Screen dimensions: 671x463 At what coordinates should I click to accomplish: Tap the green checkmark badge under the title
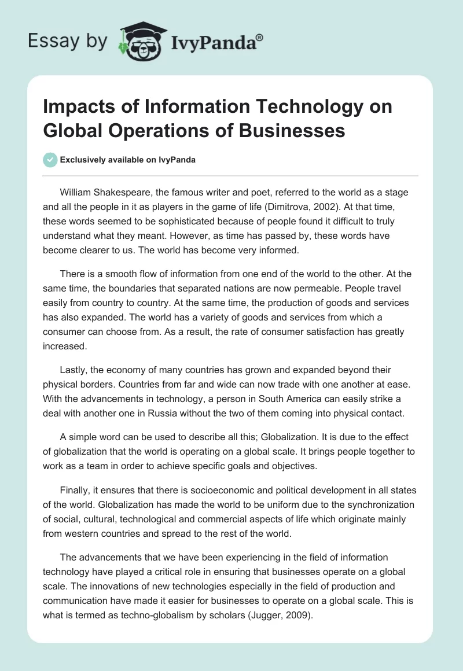51,160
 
